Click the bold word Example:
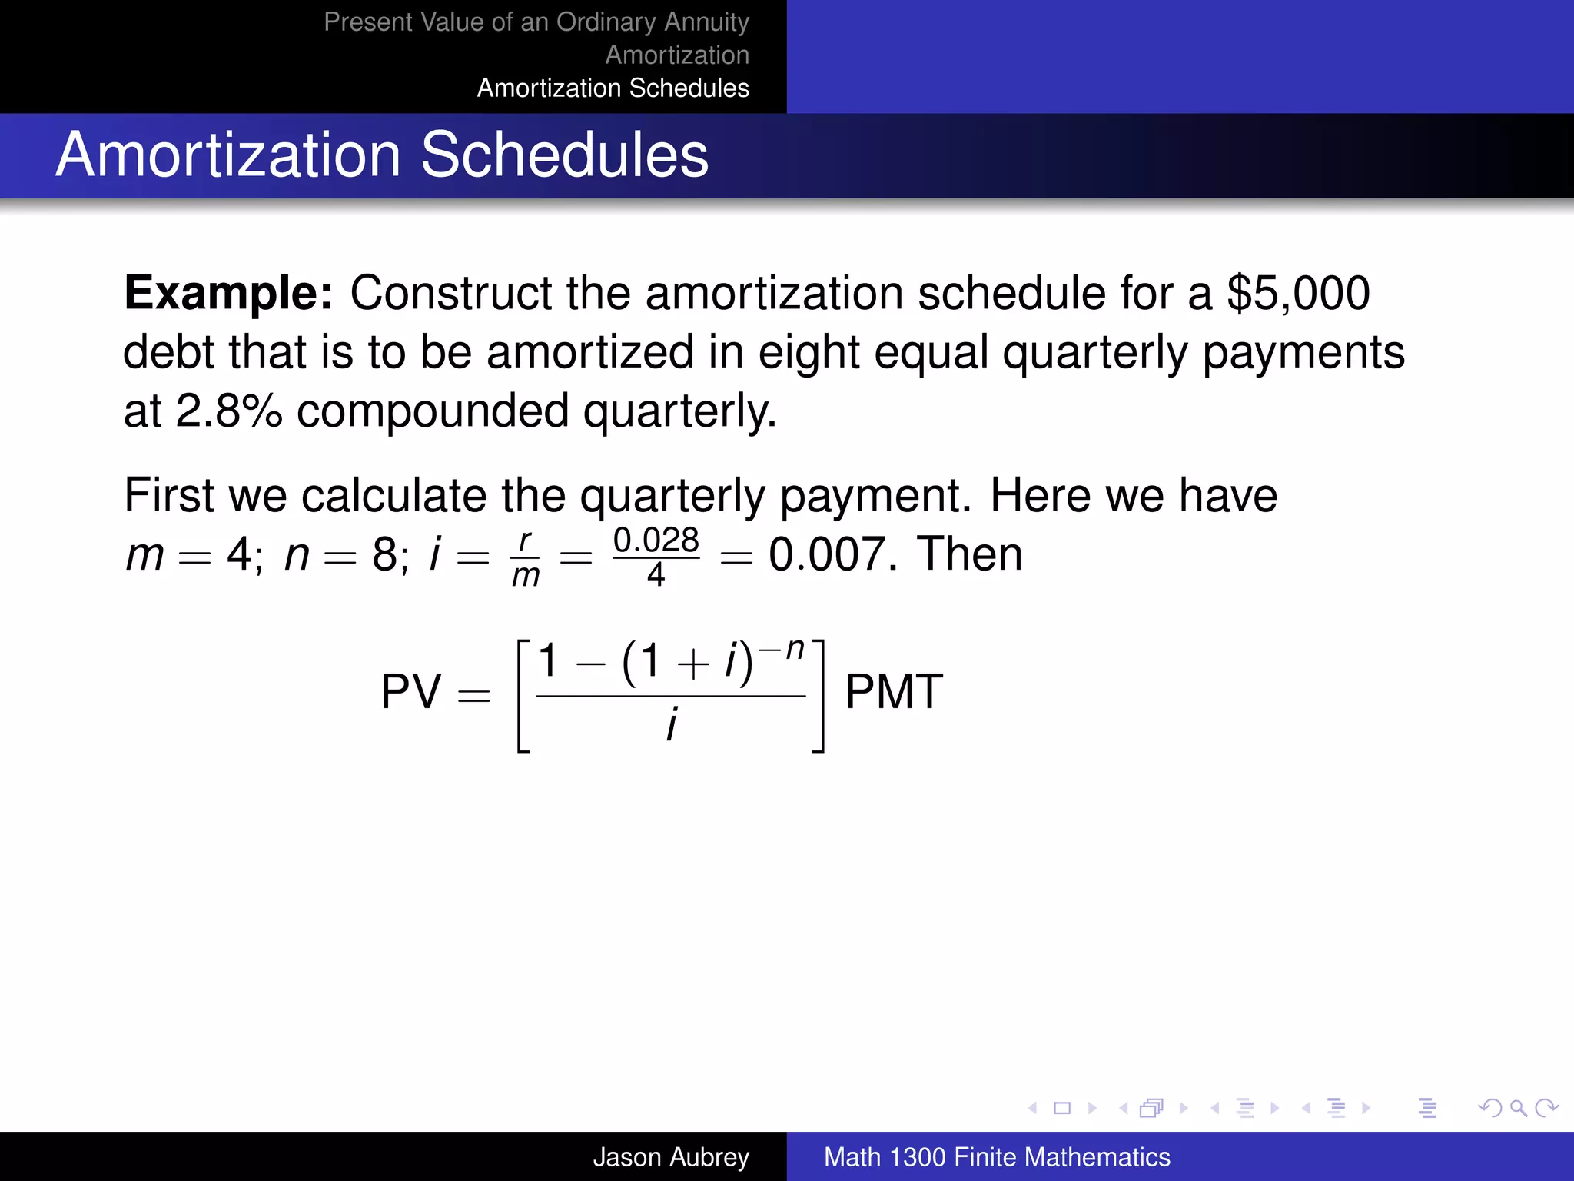228,293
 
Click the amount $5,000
1298,293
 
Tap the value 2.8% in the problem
228,411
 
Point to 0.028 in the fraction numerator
656,540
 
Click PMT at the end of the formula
894,691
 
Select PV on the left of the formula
411,691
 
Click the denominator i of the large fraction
671,724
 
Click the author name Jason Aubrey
670,1156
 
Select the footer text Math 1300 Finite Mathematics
996,1156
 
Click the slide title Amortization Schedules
382,155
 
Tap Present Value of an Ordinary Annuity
536,22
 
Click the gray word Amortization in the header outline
676,55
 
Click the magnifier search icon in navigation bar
1518,1108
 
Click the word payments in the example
1303,352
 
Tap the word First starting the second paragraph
169,495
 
